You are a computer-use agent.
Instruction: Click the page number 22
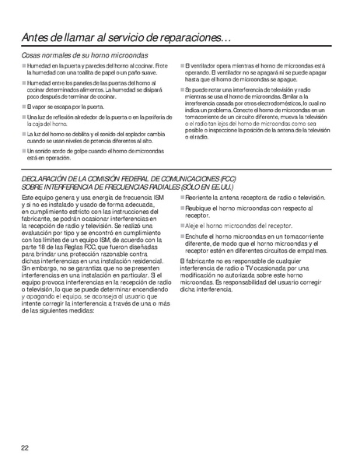coord(26,447)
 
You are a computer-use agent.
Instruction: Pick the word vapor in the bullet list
coord(44,105)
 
